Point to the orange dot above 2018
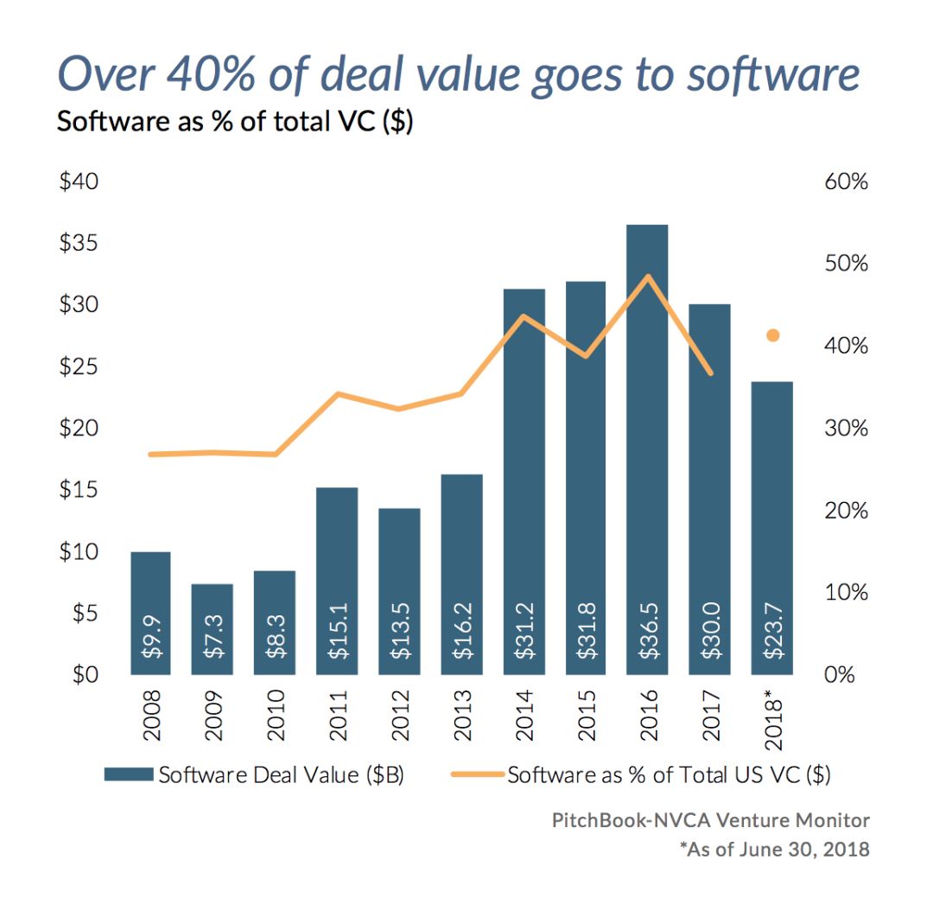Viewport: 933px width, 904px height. click(773, 335)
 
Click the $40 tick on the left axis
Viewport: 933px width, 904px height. click(79, 182)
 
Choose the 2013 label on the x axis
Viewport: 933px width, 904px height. click(462, 716)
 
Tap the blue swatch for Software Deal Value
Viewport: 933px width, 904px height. click(128, 775)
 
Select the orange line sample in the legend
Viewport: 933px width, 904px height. click(477, 775)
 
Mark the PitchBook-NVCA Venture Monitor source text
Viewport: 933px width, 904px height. click(710, 820)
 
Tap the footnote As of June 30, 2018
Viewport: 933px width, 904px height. click(774, 849)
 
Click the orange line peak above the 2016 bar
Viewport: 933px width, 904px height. click(647, 277)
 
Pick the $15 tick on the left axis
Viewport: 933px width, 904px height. click(79, 490)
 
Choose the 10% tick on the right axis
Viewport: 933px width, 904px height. click(846, 593)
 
